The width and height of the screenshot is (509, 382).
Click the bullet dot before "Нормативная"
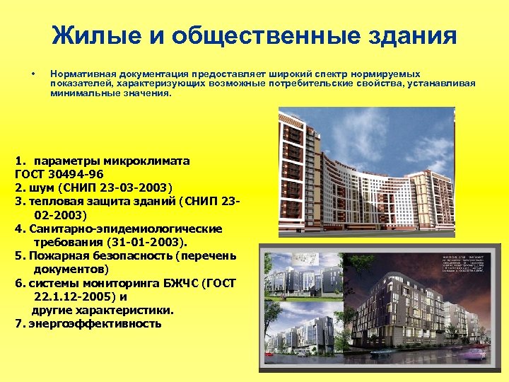point(33,74)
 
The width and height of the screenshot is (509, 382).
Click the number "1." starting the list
point(20,161)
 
